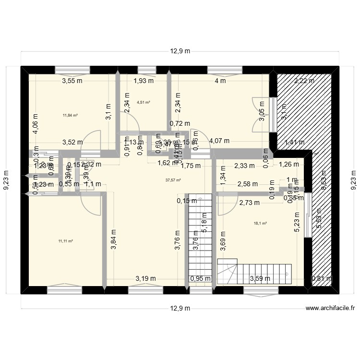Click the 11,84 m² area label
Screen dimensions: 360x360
click(70, 115)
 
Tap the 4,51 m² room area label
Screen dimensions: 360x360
click(144, 102)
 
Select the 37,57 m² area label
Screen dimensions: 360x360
click(173, 180)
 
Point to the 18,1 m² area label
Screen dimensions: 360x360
click(260, 223)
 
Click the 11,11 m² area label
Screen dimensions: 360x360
click(65, 241)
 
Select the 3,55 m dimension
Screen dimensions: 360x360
click(72, 81)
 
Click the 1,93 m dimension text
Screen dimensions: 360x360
click(144, 81)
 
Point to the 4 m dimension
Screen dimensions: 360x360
click(220, 81)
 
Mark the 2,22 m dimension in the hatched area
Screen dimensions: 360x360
click(304, 81)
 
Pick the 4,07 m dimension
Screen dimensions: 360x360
click(219, 141)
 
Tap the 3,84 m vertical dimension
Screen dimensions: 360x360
click(113, 238)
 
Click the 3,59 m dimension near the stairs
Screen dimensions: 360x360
click(260, 278)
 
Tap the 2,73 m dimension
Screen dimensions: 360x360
click(249, 203)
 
